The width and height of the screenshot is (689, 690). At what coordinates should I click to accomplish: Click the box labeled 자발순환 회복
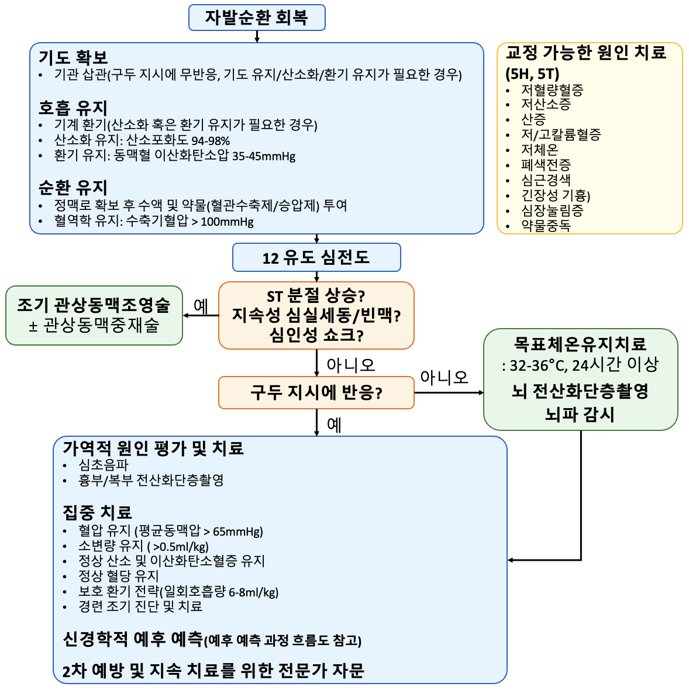click(x=257, y=18)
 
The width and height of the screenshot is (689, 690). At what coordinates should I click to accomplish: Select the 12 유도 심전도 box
click(x=316, y=257)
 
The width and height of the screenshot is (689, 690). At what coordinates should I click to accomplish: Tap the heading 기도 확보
click(x=73, y=57)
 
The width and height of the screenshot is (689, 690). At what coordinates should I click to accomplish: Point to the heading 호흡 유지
click(x=73, y=108)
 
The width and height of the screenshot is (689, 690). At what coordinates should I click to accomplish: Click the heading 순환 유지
click(x=73, y=188)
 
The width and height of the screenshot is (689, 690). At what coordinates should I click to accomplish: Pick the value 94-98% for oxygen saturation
click(x=211, y=142)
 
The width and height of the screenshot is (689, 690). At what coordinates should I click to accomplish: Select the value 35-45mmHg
click(x=264, y=157)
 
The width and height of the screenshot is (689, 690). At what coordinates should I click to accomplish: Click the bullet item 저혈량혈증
click(x=552, y=90)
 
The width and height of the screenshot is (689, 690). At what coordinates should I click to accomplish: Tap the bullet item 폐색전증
click(x=546, y=164)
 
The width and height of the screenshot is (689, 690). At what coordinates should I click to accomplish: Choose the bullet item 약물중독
click(x=546, y=225)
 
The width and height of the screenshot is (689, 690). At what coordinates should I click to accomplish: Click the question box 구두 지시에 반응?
click(x=316, y=392)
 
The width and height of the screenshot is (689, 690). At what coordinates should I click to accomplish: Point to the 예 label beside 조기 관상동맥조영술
click(x=201, y=306)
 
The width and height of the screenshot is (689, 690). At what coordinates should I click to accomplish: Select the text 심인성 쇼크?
click(x=316, y=335)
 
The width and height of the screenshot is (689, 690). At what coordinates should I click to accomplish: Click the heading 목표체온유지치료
click(x=580, y=344)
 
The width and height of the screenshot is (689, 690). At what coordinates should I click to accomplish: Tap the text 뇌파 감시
click(x=580, y=414)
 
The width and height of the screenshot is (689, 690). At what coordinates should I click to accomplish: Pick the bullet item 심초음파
click(x=104, y=465)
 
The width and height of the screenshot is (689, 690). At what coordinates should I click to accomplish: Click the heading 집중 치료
click(x=97, y=512)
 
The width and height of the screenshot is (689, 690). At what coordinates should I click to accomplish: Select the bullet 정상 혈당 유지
click(x=118, y=575)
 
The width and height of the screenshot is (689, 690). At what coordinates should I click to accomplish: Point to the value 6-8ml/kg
click(x=254, y=592)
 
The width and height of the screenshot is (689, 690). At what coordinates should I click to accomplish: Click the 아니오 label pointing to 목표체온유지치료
click(x=444, y=377)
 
